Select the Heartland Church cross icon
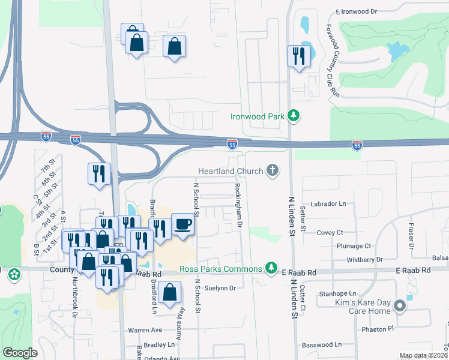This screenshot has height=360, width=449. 273,171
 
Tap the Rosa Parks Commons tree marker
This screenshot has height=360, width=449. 272,267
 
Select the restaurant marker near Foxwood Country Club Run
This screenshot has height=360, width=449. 299,57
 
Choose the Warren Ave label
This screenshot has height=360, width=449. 145,330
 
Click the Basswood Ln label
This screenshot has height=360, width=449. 321,345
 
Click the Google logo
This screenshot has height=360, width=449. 20,353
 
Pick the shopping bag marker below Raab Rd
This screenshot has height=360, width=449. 171,293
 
